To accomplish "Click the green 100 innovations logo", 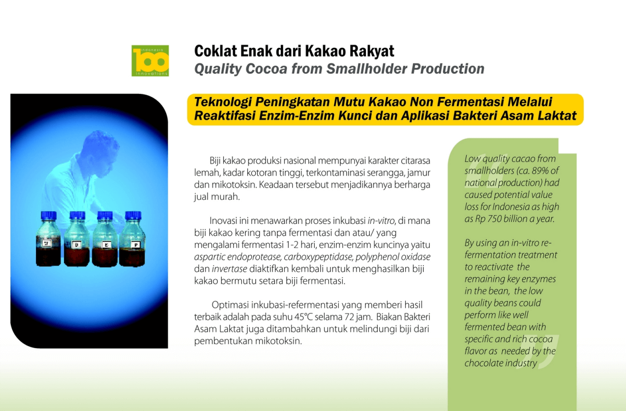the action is click(150, 61).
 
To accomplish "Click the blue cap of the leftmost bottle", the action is click(48, 216).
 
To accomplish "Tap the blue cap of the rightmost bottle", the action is click(133, 216).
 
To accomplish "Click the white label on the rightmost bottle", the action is click(136, 245).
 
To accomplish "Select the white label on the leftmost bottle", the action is click(47, 243).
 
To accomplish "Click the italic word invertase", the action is click(229, 269).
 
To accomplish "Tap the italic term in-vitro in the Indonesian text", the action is click(381, 221).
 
